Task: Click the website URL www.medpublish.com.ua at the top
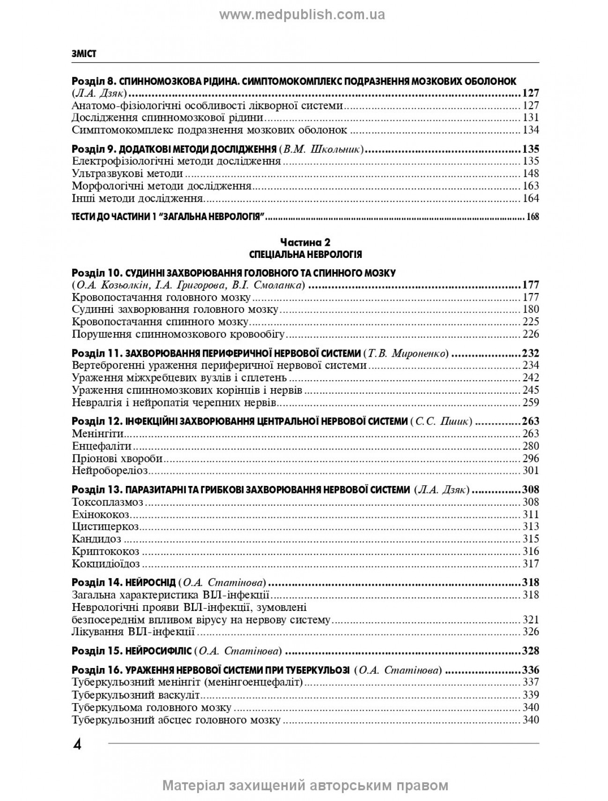[x=302, y=15]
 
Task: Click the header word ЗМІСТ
[x=84, y=54]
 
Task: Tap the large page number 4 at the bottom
[x=77, y=744]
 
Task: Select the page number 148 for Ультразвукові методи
[x=531, y=174]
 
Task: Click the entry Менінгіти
[x=96, y=434]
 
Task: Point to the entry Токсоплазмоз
[x=108, y=502]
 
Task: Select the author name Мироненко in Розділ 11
[x=417, y=353]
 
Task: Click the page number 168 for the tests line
[x=533, y=217]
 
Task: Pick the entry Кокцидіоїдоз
[x=106, y=564]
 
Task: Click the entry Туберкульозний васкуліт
[x=136, y=695]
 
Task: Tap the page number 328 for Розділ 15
[x=530, y=651]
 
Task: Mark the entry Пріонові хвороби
[x=118, y=458]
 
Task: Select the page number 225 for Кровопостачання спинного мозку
[x=531, y=322]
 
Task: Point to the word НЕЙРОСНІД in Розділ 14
[x=151, y=583]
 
